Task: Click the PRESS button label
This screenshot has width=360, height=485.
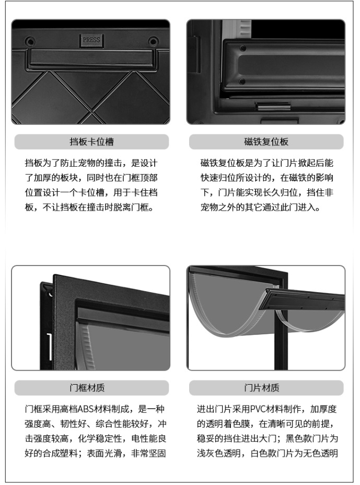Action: [x=91, y=39]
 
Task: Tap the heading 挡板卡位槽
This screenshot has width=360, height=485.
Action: [x=91, y=142]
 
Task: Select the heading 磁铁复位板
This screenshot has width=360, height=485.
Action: [x=266, y=142]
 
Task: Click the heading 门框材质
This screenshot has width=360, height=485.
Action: [x=91, y=388]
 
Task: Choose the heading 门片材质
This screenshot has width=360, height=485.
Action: [x=266, y=388]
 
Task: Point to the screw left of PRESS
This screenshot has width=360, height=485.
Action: [x=30, y=41]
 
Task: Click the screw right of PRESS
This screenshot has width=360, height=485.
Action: [x=153, y=41]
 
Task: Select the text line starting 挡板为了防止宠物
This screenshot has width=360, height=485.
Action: [x=91, y=163]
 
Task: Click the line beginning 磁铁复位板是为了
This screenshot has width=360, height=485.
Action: [x=266, y=163]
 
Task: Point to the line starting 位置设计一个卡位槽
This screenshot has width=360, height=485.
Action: [x=91, y=193]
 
